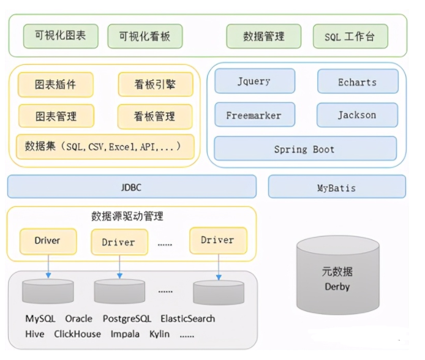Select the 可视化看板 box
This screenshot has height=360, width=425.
(x=145, y=36)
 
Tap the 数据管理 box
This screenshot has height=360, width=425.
(x=263, y=36)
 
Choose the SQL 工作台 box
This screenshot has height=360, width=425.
(x=350, y=36)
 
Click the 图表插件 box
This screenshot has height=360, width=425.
(x=56, y=84)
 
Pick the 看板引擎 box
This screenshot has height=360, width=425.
(x=155, y=84)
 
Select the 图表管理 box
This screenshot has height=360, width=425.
(x=56, y=116)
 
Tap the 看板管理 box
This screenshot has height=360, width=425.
(x=155, y=116)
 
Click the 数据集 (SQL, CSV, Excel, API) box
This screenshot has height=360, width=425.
(x=105, y=147)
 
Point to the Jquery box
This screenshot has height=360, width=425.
(x=254, y=81)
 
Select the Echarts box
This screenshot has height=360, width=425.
(x=357, y=81)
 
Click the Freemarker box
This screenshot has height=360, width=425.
(x=254, y=115)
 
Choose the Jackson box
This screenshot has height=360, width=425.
(x=357, y=115)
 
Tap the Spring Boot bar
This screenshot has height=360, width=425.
(x=305, y=149)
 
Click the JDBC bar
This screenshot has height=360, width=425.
(x=132, y=187)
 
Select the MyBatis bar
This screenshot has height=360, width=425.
(x=336, y=187)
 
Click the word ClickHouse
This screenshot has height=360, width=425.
(x=77, y=334)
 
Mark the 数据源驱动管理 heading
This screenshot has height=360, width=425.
(x=127, y=216)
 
